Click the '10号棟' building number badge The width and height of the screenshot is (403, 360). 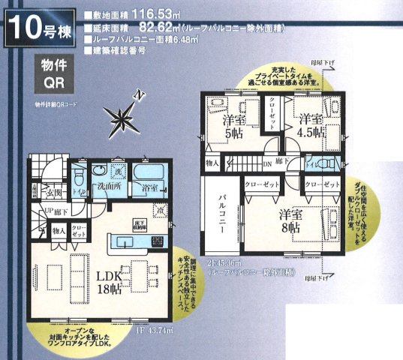tap(38, 28)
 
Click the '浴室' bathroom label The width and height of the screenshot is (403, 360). tap(149, 189)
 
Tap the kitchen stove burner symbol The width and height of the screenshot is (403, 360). tap(158, 241)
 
